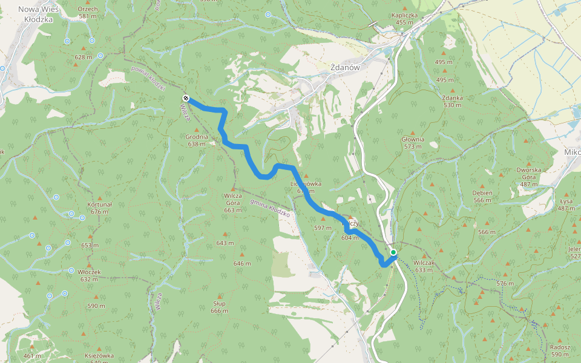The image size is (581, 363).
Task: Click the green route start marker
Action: point(393,252)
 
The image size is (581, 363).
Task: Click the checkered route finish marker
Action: point(185,99)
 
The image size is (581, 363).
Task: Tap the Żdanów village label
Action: point(346,68)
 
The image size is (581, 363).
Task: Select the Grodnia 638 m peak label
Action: point(197,140)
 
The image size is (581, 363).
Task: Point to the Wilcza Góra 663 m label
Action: point(233,203)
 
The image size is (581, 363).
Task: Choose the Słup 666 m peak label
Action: point(219,307)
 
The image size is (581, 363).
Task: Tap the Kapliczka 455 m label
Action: point(409,19)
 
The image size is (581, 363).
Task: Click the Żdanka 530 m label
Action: point(452,101)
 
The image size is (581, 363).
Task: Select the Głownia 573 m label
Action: point(413,143)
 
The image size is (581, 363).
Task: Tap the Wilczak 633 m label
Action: point(424,266)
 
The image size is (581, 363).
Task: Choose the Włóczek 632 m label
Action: point(88,275)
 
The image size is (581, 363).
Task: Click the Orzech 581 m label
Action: point(88,13)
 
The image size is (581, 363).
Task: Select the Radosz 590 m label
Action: point(560,351)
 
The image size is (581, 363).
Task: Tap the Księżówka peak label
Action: point(99,357)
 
